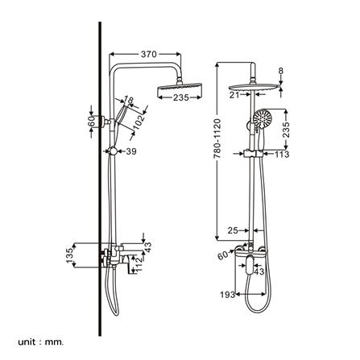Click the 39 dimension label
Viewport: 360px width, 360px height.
coord(131,151)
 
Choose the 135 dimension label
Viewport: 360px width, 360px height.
coord(70,255)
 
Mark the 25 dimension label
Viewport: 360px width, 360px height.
coord(234,231)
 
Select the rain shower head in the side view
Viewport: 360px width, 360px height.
coord(179,85)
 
